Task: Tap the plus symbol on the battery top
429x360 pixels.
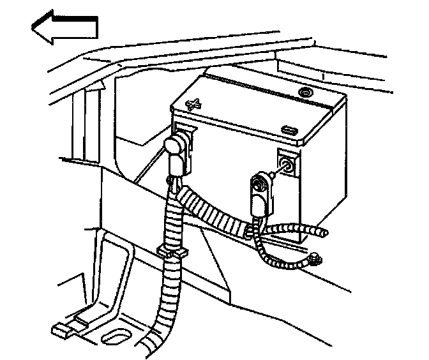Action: tap(195, 103)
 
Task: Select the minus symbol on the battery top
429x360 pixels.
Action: tap(290, 130)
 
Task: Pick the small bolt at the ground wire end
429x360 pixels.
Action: tap(315, 259)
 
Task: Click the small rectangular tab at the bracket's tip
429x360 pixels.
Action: tap(61, 330)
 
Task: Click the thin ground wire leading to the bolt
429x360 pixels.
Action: tap(281, 259)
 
